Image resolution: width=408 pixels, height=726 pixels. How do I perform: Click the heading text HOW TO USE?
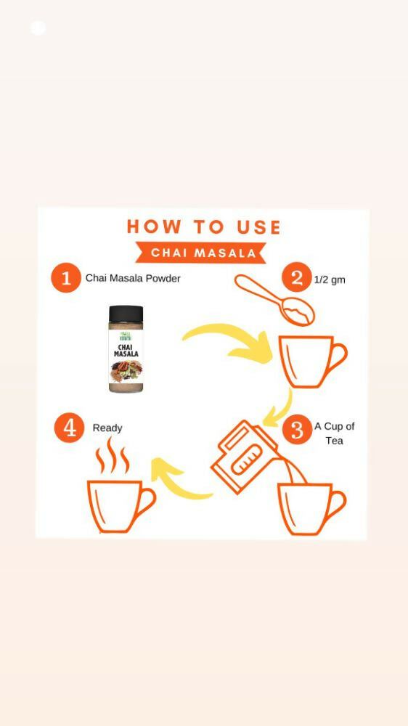[x=203, y=227]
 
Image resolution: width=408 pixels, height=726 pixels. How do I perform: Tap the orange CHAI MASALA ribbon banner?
[x=203, y=253]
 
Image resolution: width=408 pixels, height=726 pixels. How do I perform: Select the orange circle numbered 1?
[x=66, y=278]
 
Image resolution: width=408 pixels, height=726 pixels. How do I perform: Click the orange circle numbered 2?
[x=296, y=278]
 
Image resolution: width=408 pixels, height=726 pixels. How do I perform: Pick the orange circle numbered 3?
[x=296, y=429]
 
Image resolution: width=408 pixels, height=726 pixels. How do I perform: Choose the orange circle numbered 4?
[x=69, y=428]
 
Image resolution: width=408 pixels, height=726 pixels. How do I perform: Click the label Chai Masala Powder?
[x=133, y=278]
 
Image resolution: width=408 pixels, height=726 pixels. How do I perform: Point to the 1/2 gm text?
[x=330, y=280]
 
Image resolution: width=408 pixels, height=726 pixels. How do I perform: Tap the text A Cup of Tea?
[x=334, y=433]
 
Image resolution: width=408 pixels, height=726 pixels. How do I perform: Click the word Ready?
[x=107, y=428]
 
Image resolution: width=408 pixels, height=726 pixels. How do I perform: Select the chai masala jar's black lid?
[x=126, y=314]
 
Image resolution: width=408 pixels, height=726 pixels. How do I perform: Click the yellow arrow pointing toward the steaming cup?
[x=178, y=479]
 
